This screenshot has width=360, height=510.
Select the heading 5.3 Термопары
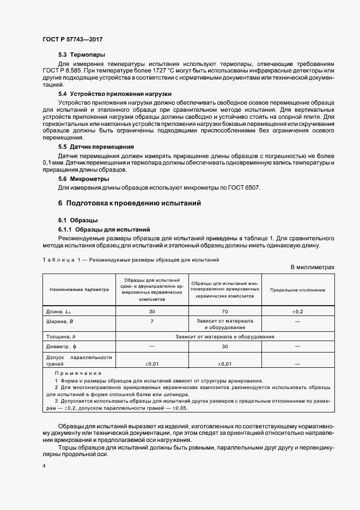point(82,55)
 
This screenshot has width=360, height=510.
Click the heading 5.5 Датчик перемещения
point(96,147)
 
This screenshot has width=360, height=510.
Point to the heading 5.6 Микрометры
point(84,179)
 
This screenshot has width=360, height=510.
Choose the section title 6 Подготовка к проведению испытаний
point(130,204)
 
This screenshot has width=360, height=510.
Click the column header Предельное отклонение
point(298,290)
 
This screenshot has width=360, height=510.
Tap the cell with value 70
point(225,311)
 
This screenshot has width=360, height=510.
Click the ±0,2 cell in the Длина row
point(298,311)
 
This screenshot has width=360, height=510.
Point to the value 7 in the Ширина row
point(152,321)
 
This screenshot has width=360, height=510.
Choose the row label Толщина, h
point(63,337)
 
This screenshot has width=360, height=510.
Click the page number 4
point(44,466)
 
